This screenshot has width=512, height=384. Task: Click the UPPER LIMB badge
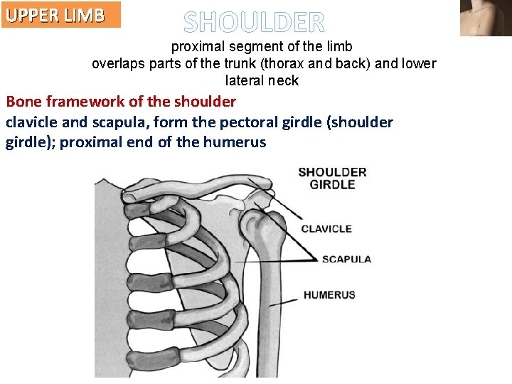coord(60,15)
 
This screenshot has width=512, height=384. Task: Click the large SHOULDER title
coord(254,23)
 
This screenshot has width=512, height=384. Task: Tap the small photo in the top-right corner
coord(486,18)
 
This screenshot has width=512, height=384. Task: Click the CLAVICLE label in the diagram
coord(326,229)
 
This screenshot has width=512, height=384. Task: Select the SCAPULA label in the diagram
coord(346,259)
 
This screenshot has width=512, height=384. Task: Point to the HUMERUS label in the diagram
coord(329,294)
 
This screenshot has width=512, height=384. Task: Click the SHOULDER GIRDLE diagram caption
coord(332,178)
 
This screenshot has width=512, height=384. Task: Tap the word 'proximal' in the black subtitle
coord(195,47)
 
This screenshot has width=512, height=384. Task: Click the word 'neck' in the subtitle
coord(282,81)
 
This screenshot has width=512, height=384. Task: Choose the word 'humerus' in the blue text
coord(234,142)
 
